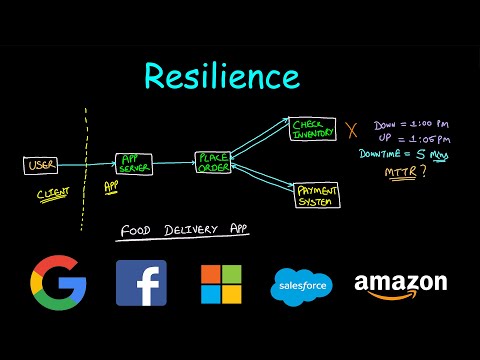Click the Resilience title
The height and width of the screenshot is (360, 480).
(x=220, y=76)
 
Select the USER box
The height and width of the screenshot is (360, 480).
(x=41, y=165)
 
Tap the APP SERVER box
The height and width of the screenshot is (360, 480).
(x=134, y=163)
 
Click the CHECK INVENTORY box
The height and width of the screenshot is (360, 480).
(x=313, y=129)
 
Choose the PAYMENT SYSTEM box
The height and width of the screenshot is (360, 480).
(x=318, y=194)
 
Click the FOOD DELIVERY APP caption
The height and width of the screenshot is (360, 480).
(x=184, y=231)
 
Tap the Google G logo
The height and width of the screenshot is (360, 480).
(x=58, y=283)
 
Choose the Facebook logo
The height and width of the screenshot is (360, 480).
(x=141, y=283)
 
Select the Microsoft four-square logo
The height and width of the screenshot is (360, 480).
(x=221, y=283)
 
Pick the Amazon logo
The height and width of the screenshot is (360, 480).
(x=400, y=285)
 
